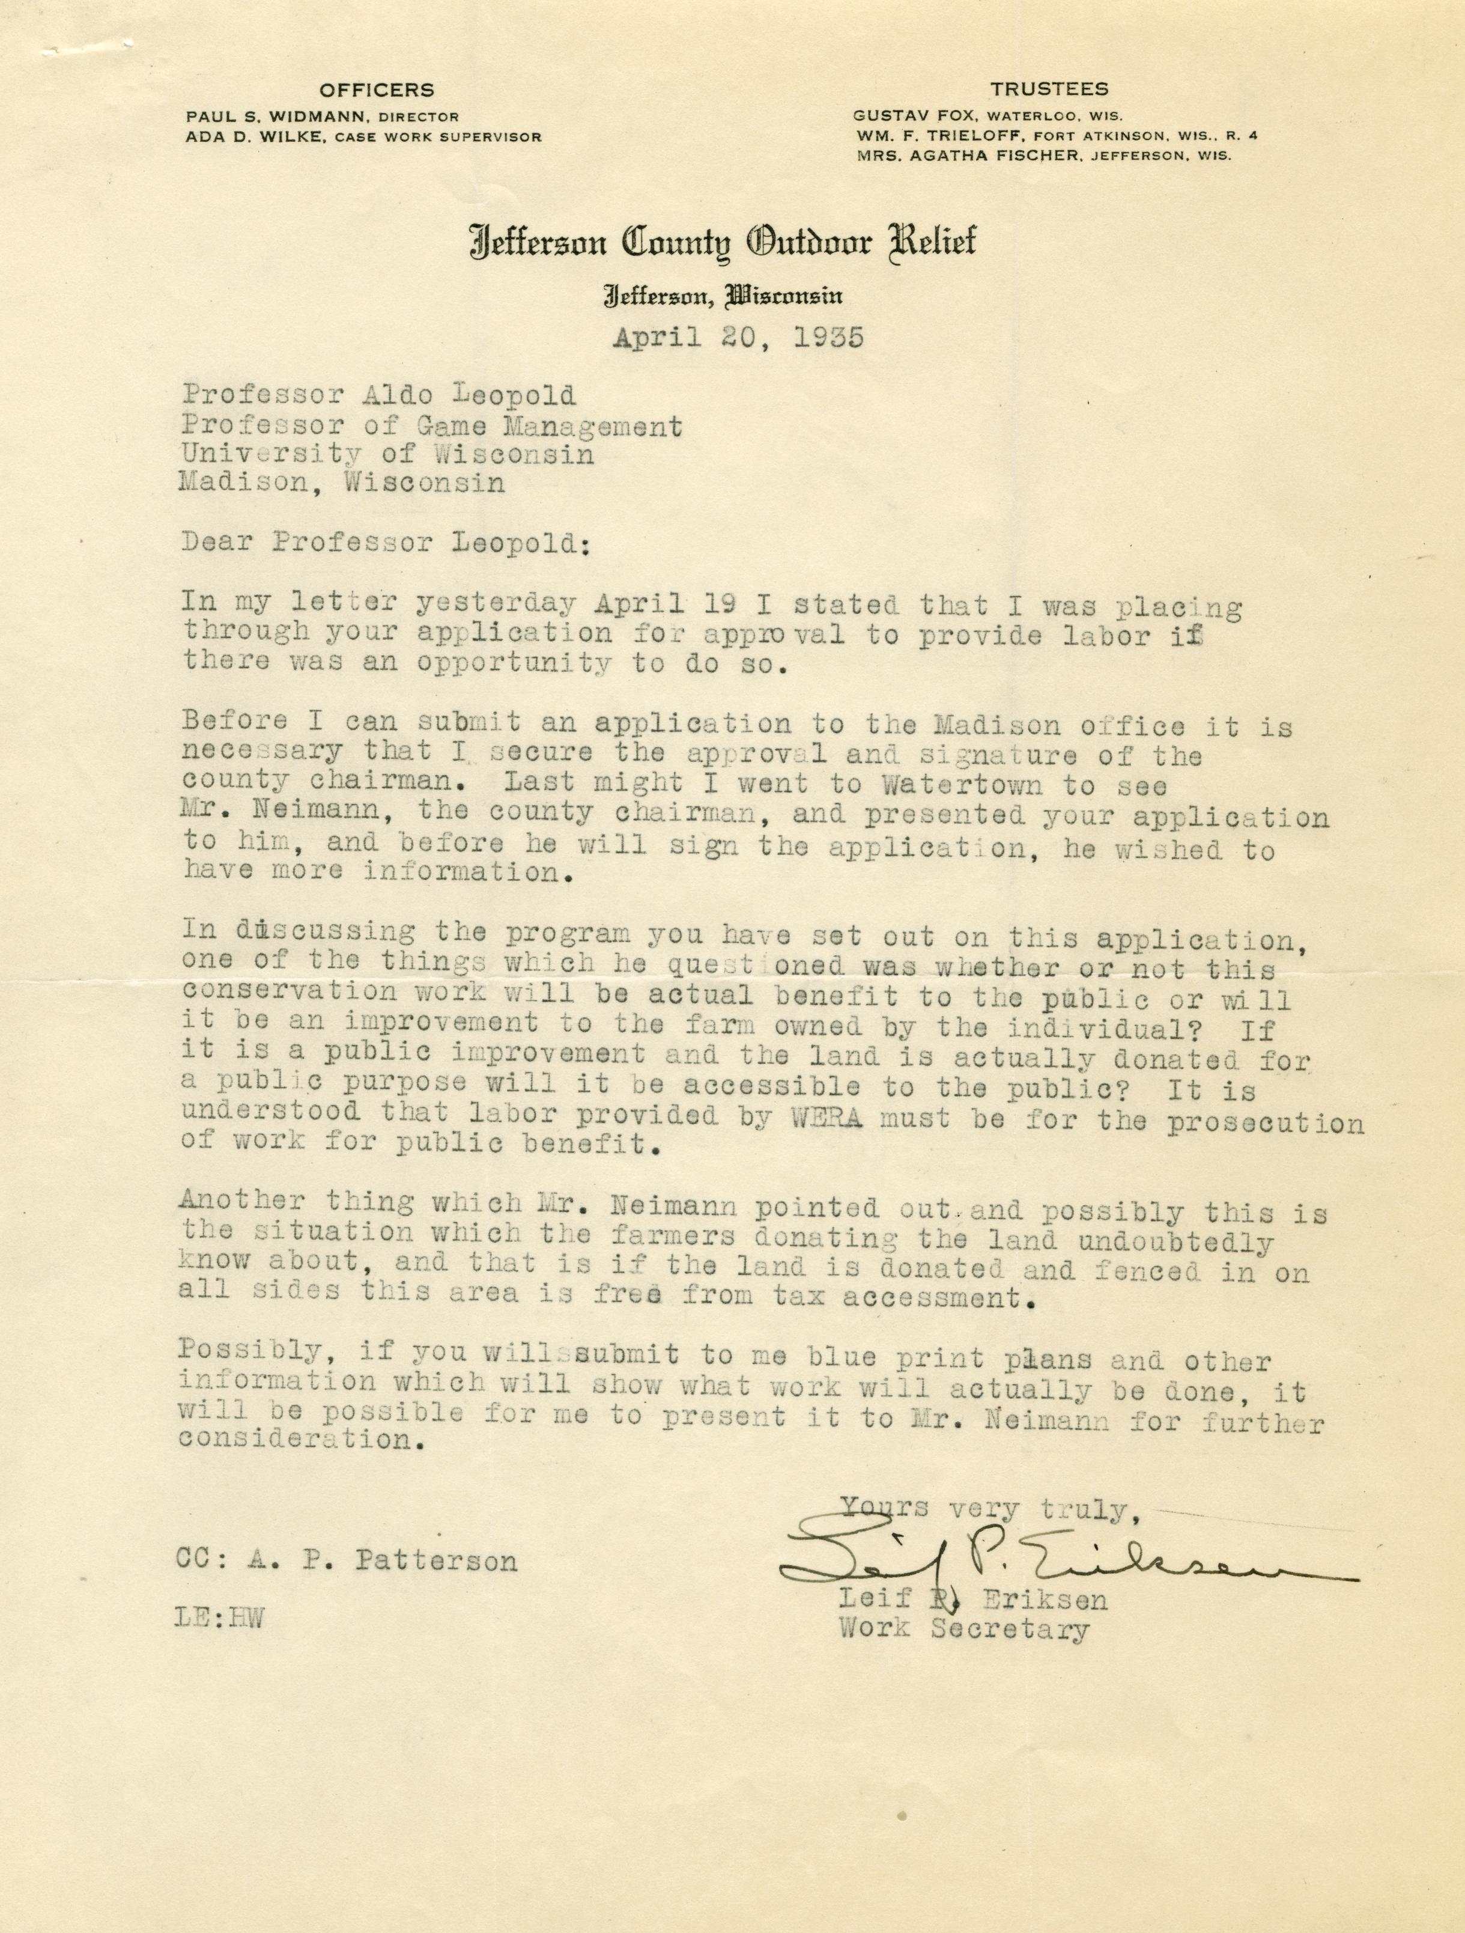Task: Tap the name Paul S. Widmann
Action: click(273, 116)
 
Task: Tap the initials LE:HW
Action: click(219, 1618)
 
